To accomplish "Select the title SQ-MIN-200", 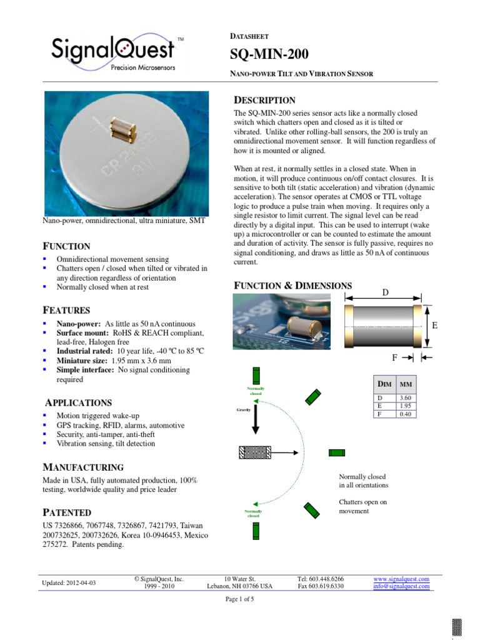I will click(269, 55).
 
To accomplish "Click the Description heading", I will click(264, 100).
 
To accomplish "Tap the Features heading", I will click(66, 310).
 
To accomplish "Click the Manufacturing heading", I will click(82, 467).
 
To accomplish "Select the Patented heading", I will click(66, 512).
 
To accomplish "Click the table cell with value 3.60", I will click(404, 397).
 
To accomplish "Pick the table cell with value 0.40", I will click(404, 414).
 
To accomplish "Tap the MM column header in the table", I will click(405, 383).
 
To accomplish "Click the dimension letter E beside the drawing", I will click(434, 326).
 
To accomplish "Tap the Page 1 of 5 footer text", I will click(239, 599).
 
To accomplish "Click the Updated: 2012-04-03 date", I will click(69, 583).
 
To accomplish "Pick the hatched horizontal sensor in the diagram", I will click(254, 452).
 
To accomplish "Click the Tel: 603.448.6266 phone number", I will click(320, 579).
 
